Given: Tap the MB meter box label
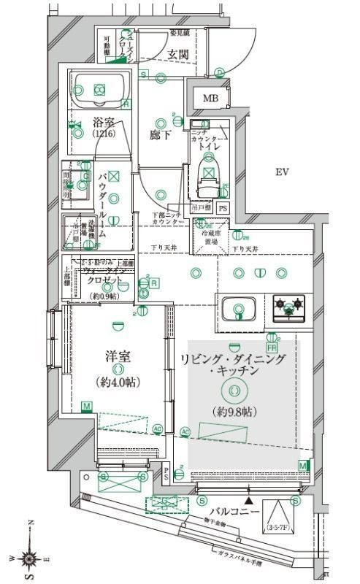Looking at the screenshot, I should pyautogui.click(x=210, y=99).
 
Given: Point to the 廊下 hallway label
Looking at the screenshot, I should pyautogui.click(x=161, y=134).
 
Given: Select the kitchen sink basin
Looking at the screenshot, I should pyautogui.click(x=238, y=307).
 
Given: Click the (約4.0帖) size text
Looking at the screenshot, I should pyautogui.click(x=118, y=382).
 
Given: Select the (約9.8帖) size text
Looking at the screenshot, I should pyautogui.click(x=232, y=412).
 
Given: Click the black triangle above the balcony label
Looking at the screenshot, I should pyautogui.click(x=250, y=501).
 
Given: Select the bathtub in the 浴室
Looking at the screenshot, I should pyautogui.click(x=100, y=90).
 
